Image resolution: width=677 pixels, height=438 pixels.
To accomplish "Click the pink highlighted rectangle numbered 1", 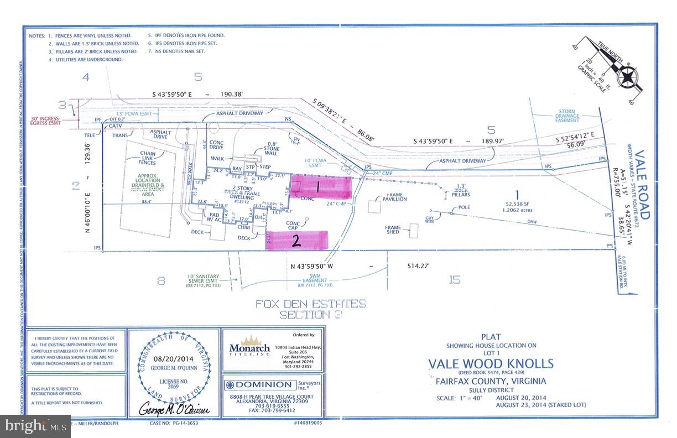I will coord(321,187).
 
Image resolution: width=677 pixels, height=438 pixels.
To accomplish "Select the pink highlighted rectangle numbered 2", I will coord(297,241).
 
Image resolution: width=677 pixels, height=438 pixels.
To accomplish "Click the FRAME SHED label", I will coord(397,230).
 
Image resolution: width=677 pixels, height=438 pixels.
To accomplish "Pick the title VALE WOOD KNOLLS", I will coord(491,363).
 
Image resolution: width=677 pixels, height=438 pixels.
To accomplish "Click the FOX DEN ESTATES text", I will coord(310,304).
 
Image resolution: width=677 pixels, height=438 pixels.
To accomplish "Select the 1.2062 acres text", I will coord(517,210).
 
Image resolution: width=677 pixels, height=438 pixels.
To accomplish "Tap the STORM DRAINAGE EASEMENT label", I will coord(567,117).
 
